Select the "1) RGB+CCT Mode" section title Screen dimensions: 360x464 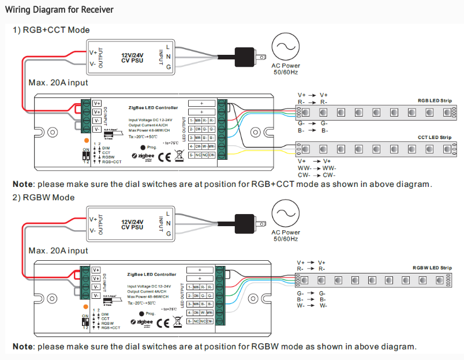point(51,30)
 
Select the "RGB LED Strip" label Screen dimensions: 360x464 point(435,100)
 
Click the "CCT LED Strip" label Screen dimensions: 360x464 point(435,137)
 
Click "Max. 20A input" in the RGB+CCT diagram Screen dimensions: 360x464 point(58,83)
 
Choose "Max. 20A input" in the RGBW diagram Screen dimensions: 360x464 point(58,251)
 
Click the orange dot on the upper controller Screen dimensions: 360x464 point(87,140)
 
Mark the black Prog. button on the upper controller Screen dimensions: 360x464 point(135,148)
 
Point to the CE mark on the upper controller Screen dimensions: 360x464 point(163,157)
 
